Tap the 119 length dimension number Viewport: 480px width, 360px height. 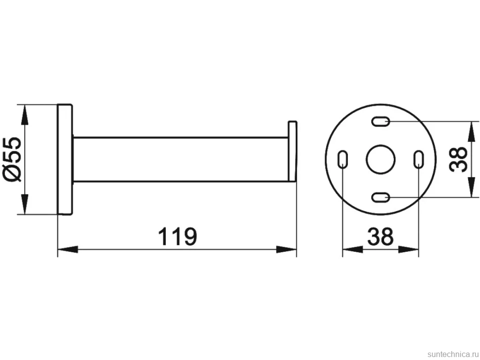pos(178,236)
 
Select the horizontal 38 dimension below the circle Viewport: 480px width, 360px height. pos(381,236)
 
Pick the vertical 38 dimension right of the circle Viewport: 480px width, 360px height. pos(458,159)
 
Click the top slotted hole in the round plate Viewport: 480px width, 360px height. pos(381,121)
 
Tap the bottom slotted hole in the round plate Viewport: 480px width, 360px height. pos(381,197)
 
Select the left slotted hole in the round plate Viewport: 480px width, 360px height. pos(342,159)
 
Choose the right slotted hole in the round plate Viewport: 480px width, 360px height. pos(419,159)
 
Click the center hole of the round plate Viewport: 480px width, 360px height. pos(381,159)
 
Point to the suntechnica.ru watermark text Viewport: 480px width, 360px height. pos(452,354)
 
